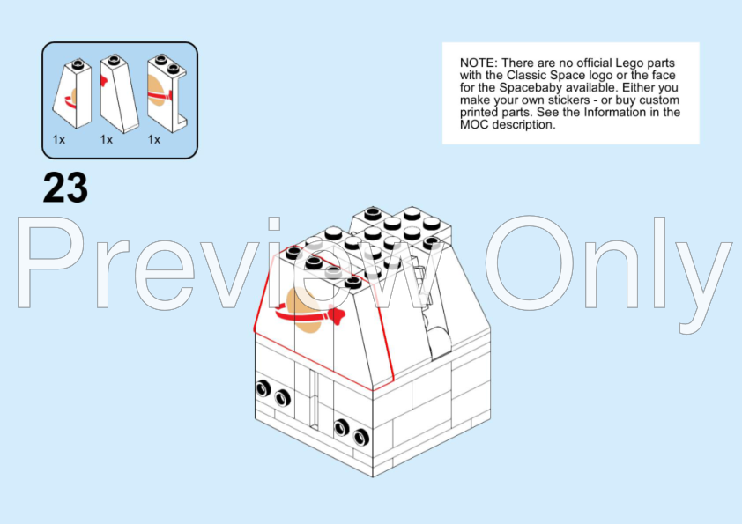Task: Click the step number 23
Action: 65,188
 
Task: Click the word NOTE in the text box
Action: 479,63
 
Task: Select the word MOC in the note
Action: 474,125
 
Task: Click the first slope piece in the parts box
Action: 72,93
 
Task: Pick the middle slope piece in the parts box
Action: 119,93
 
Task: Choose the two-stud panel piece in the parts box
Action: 167,92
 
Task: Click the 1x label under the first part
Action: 59,139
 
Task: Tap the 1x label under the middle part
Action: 107,139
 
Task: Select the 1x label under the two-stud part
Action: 154,139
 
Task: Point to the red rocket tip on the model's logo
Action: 338,316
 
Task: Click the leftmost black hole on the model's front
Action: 263,388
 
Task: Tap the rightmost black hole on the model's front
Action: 361,437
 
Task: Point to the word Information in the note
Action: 613,113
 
